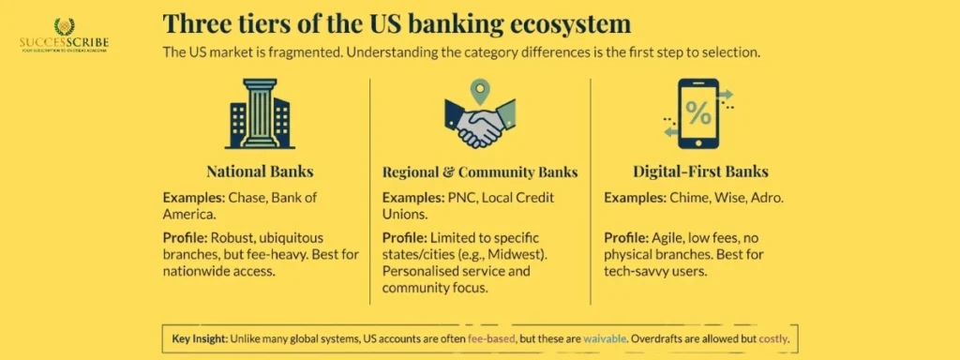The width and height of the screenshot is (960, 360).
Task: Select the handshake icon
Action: pyautogui.click(x=479, y=127)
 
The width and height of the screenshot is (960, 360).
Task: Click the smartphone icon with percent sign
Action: pyautogui.click(x=698, y=114)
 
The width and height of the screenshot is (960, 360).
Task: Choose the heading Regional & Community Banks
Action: pyautogui.click(x=480, y=172)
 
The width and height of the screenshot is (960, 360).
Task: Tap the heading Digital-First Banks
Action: pyautogui.click(x=700, y=172)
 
